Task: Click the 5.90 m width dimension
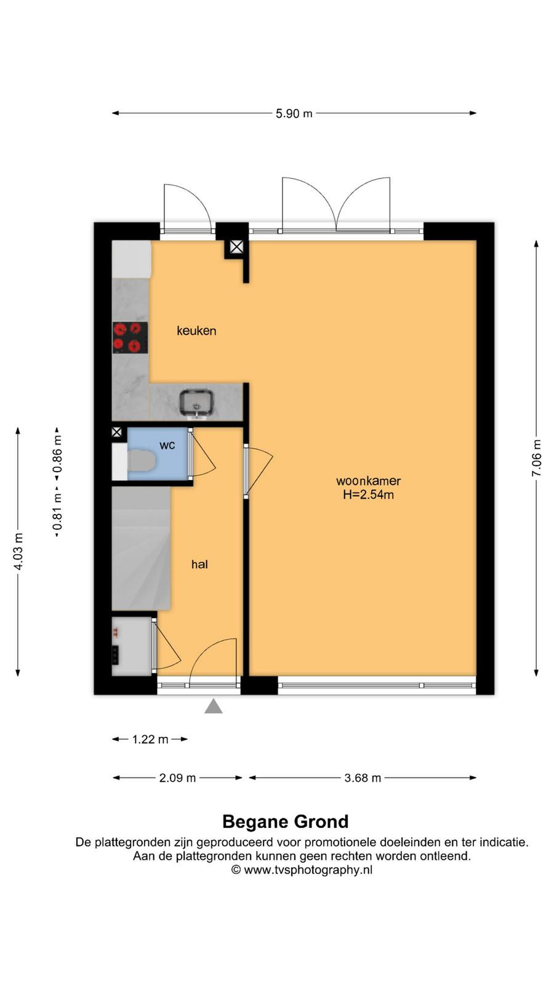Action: (294, 113)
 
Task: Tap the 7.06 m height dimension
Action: (536, 458)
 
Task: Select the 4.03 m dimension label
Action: (18, 552)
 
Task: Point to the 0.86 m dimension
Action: (57, 453)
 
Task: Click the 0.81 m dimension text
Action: (57, 512)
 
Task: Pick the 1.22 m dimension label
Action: (150, 739)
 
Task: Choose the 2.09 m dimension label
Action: (177, 778)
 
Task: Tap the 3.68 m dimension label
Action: (363, 778)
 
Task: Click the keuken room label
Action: (196, 331)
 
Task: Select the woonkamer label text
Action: (369, 481)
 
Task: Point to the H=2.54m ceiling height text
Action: (369, 495)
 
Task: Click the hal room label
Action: (199, 564)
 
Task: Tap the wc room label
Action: (167, 446)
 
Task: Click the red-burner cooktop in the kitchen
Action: (130, 338)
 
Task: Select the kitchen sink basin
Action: (196, 402)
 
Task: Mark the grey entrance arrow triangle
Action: (214, 706)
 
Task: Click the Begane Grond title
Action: (286, 821)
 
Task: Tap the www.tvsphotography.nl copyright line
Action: (302, 869)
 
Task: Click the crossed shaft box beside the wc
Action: (116, 432)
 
